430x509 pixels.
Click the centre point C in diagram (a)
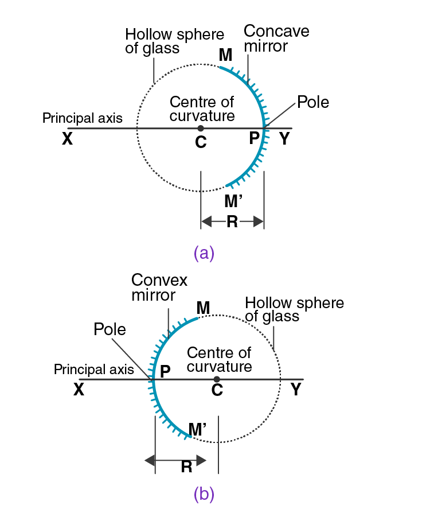pos(200,128)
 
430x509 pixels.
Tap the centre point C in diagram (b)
pos(216,379)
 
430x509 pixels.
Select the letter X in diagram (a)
pos(67,139)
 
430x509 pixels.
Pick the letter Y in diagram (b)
pos(296,390)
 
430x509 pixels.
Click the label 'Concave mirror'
pos(276,38)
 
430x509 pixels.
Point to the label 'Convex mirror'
pos(159,287)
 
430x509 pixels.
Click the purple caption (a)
pos(204,253)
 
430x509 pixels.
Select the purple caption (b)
pos(204,493)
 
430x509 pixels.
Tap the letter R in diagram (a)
pos(232,222)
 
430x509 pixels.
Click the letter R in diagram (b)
pos(186,467)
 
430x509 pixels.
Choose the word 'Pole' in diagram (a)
pos(313,103)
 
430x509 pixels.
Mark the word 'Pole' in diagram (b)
pos(110,329)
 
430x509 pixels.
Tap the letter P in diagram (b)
pos(166,371)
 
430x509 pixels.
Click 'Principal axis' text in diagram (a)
pos(83,118)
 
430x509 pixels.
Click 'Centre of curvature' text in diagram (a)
pos(202,108)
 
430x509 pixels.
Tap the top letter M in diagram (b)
pos(203,308)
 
